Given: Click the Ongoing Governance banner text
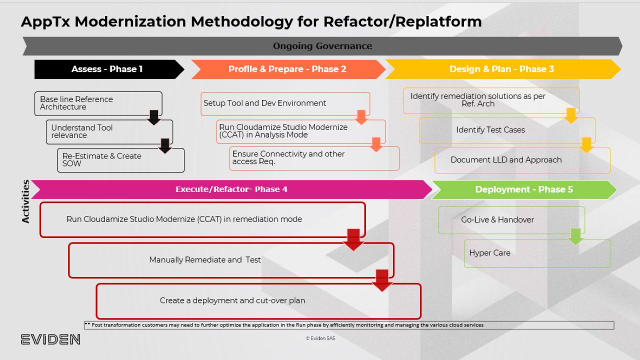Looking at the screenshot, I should click(322, 46).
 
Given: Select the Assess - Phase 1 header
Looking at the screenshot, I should click(107, 69).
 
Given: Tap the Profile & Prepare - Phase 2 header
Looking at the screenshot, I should click(287, 69).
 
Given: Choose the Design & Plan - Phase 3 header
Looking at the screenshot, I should click(501, 69).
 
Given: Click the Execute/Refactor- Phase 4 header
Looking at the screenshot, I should click(231, 189).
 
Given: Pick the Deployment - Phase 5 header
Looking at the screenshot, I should click(524, 189).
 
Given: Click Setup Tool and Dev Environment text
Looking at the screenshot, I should click(264, 103).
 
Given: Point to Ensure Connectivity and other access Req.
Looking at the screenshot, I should click(288, 157).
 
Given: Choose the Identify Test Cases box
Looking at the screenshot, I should click(490, 130).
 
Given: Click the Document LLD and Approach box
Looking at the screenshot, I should click(506, 160).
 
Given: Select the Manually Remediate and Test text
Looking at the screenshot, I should click(205, 260).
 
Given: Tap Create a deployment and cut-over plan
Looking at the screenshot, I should click(232, 300).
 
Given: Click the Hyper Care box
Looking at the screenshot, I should click(490, 253).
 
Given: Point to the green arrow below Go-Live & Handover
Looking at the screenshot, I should click(576, 236).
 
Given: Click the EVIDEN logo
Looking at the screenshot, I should click(50, 339).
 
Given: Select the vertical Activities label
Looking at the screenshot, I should click(25, 201).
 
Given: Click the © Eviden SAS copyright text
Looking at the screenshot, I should click(320, 338).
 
